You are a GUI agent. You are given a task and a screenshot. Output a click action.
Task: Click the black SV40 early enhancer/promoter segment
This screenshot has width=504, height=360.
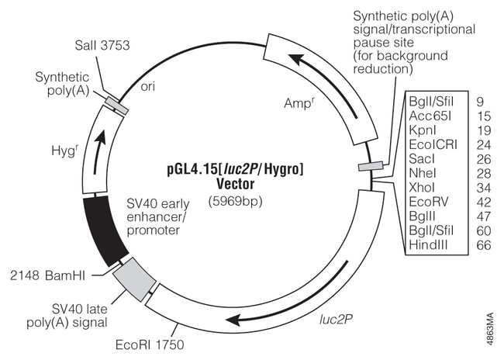pyautogui.click(x=102, y=230)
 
